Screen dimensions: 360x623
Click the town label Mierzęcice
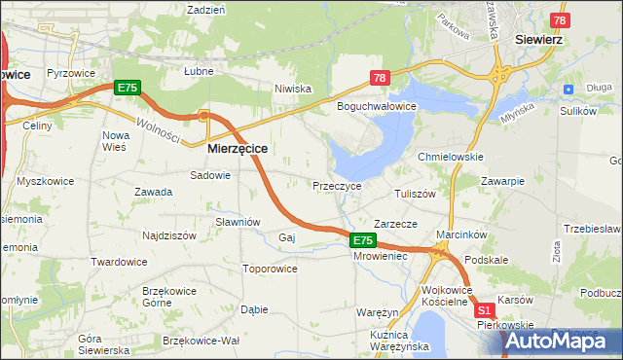[238, 149]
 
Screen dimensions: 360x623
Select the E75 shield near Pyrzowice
[128, 88]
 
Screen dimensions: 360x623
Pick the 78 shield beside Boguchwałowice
[379, 79]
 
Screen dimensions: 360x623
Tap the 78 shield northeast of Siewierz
[560, 20]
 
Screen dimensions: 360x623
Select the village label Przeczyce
[337, 186]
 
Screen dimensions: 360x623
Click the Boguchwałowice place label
[377, 105]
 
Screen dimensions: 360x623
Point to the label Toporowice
[270, 268]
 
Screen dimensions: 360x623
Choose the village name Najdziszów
[171, 235]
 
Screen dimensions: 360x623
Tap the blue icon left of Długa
[568, 89]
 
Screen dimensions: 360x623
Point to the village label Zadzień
[206, 9]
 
